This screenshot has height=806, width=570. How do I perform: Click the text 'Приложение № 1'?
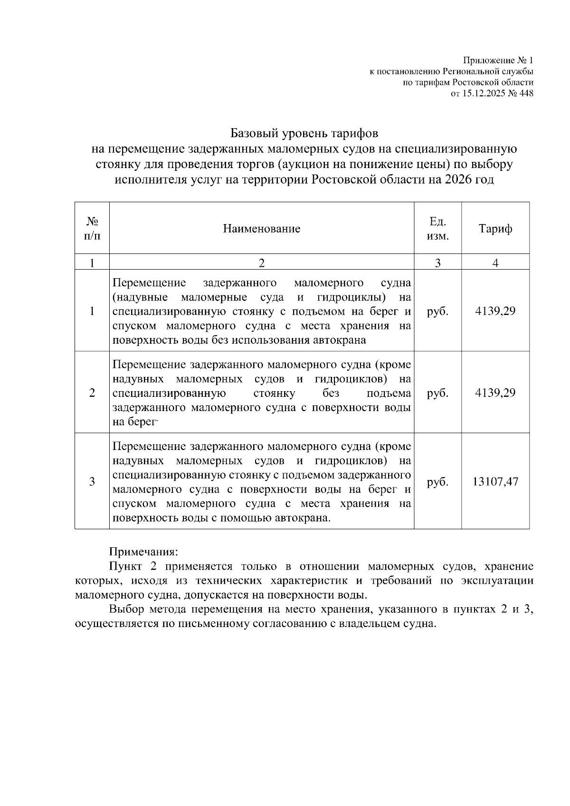498,61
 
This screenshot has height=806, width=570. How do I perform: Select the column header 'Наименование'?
262,229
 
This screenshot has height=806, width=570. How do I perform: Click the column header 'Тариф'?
495,229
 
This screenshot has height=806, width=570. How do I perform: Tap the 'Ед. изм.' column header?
437,229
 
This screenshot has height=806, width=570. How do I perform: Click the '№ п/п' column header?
92,229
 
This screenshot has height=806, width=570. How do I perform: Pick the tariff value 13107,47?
495,482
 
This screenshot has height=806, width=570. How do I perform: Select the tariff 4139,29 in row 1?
495,311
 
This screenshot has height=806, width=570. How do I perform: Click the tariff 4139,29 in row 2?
495,393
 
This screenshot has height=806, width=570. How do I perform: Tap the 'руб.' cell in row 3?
437,482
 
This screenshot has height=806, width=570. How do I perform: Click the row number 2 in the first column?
92,393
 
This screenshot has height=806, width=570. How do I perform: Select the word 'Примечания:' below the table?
143,552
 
